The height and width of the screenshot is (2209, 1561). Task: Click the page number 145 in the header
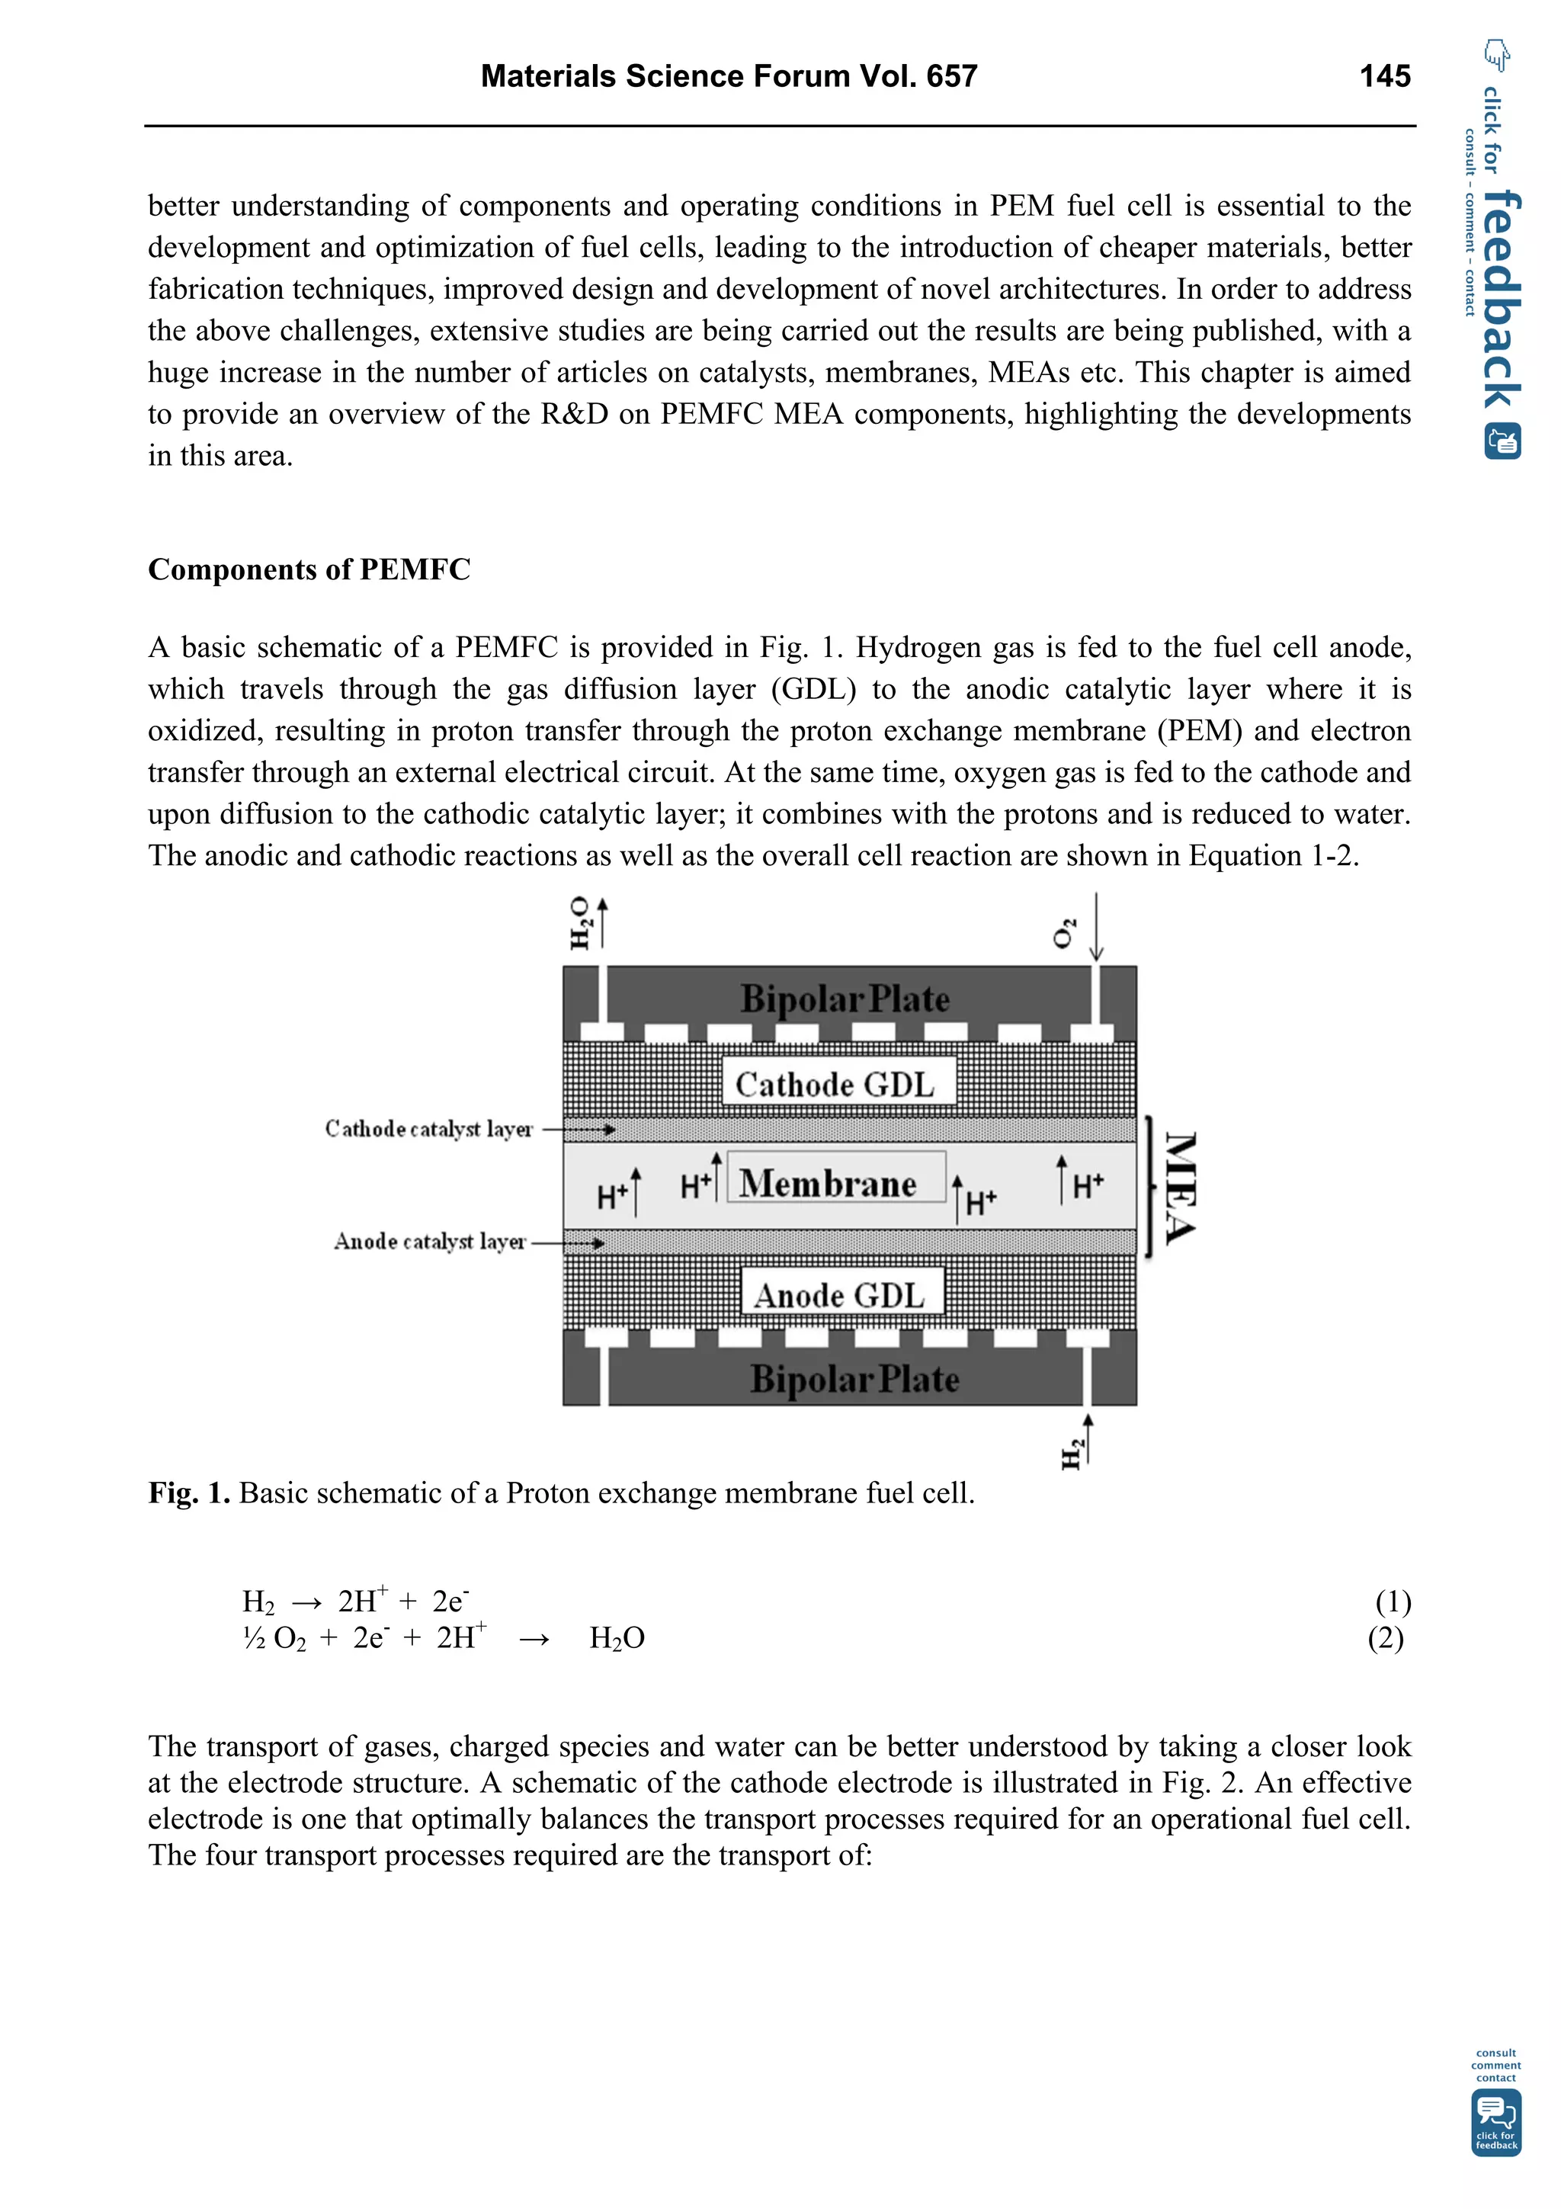(1384, 76)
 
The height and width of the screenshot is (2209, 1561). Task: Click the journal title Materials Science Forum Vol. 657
(728, 76)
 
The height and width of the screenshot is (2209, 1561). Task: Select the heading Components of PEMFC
(309, 569)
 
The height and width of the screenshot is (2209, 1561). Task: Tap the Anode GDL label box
(841, 1294)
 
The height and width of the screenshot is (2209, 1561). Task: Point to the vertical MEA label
(1179, 1188)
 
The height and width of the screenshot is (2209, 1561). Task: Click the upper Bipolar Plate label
(845, 999)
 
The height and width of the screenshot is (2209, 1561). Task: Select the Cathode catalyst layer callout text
(428, 1129)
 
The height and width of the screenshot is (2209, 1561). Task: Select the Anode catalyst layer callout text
(430, 1242)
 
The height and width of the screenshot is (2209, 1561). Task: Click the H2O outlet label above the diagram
(580, 922)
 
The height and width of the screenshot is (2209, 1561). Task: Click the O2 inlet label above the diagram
(1065, 932)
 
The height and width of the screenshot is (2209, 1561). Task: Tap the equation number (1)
(1392, 1602)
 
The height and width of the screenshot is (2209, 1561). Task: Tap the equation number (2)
(1385, 1637)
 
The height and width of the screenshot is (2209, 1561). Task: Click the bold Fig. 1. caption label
(188, 1493)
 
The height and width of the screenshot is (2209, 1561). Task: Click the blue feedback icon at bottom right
(1495, 2125)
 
